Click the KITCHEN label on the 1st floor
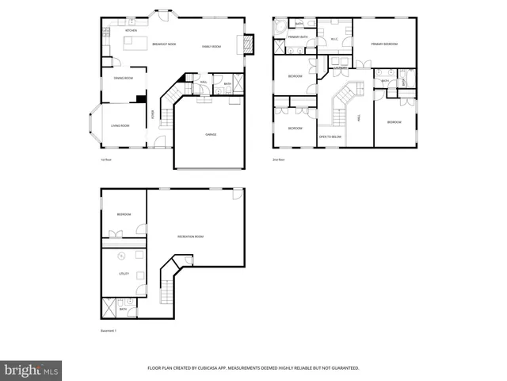109,31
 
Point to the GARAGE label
211,135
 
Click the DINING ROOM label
123,79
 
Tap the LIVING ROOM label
120,126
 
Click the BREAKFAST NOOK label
164,45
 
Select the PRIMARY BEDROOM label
384,44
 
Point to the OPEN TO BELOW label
330,137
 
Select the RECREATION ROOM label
191,237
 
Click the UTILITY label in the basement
124,274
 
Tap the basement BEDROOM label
124,214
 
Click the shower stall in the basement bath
109,306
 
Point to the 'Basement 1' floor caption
109,330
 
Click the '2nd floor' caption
278,160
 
